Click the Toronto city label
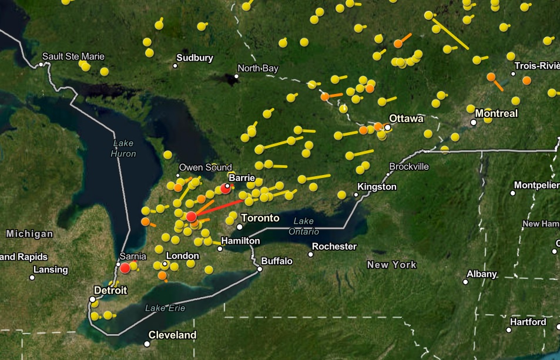point(260,218)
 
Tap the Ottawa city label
point(406,119)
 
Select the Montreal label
point(497,113)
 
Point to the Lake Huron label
point(123,149)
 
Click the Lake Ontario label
point(303,226)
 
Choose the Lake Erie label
point(165,308)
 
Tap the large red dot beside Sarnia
point(125,268)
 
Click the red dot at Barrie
point(226,189)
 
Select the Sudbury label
point(195,58)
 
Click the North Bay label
point(258,69)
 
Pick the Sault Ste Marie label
point(73,56)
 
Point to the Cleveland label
point(172,335)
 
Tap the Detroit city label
point(110,290)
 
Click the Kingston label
point(377,187)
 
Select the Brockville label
point(409,166)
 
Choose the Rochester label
point(334,247)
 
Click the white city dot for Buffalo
point(259,269)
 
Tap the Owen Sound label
point(205,167)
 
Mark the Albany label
point(482,274)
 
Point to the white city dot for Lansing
point(32,277)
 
